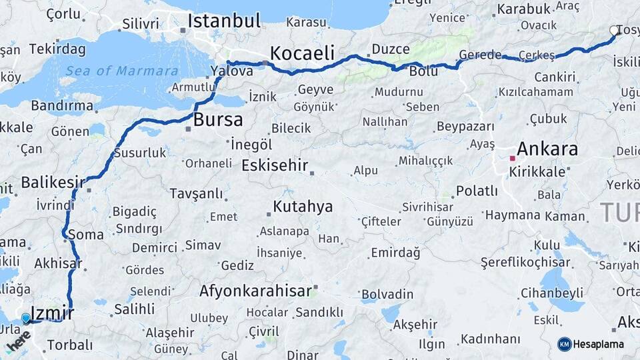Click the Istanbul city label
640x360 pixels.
coord(223,21)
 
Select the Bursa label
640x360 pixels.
coord(218,120)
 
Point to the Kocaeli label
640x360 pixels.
coord(303,53)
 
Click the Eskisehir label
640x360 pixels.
coord(275,165)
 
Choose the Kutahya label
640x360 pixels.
coord(302,206)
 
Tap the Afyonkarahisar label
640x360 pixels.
coord(255,291)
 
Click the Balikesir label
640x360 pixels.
coord(53,182)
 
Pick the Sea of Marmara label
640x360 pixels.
coord(121,71)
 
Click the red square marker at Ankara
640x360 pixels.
coord(512,159)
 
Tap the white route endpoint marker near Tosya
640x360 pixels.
coord(614,30)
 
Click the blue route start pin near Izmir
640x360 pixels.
coord(26,318)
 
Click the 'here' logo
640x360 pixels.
coord(18,341)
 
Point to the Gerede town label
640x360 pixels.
coord(480,55)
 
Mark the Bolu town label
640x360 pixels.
coord(423,70)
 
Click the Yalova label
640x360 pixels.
coord(231,71)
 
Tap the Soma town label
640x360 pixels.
coord(85,235)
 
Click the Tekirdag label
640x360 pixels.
coord(57,49)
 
